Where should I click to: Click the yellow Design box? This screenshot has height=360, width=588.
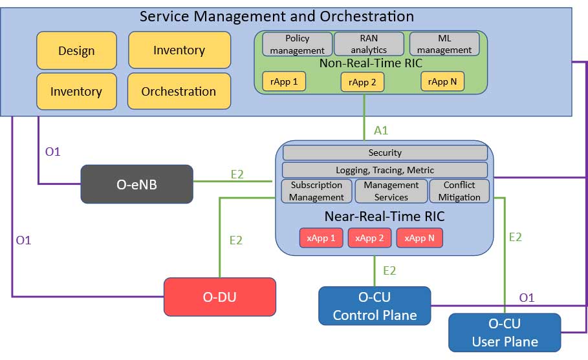(x=76, y=50)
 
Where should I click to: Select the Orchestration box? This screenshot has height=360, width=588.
(x=179, y=91)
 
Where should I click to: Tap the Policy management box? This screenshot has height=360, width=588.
(x=297, y=44)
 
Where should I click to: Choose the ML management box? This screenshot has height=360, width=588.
(x=444, y=44)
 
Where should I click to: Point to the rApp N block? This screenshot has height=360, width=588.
(x=442, y=81)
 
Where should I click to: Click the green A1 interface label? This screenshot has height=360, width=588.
(x=381, y=131)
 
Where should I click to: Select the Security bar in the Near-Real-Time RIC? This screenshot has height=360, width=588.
(x=385, y=153)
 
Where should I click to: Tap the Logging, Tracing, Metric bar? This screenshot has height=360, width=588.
(x=385, y=170)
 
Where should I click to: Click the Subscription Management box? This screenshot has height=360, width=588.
(x=316, y=191)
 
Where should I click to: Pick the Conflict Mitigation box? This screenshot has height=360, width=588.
(x=459, y=191)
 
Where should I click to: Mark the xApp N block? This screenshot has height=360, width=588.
(x=419, y=238)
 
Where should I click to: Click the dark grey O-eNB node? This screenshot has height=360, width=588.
(x=136, y=184)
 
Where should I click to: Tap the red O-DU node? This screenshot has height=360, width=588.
(x=220, y=297)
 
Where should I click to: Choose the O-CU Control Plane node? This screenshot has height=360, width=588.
(x=375, y=306)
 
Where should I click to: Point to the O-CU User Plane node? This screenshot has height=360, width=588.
(x=505, y=332)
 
